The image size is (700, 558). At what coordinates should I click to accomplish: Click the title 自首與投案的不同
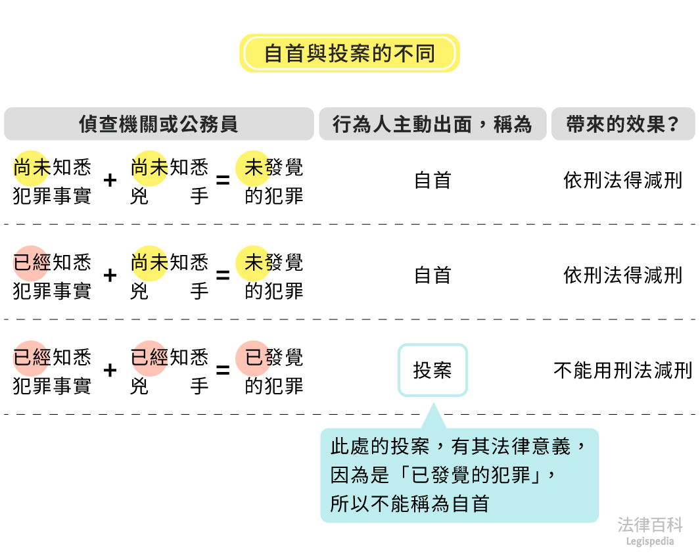[349, 53]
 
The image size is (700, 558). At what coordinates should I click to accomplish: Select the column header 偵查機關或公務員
[158, 124]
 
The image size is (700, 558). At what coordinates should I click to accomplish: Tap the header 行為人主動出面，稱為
[432, 124]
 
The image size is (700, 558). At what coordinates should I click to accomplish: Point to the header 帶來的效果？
[622, 124]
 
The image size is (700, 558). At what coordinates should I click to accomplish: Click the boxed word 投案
[432, 370]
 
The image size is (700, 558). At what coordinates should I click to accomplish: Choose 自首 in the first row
[432, 180]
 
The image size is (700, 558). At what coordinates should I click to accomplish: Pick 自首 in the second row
[432, 275]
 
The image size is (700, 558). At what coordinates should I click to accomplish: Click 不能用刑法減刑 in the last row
[622, 370]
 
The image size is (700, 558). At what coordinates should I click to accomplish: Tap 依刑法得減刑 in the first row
[622, 180]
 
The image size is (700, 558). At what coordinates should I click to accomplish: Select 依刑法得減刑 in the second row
[622, 275]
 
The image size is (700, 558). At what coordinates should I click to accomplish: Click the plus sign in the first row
[110, 180]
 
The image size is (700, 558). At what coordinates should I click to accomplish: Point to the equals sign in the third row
[223, 370]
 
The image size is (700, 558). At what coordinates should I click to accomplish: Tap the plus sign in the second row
[110, 275]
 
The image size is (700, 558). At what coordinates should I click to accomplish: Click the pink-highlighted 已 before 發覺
[254, 358]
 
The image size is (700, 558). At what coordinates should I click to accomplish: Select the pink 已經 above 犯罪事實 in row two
[32, 263]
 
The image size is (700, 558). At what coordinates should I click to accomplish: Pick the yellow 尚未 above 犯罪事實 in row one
[32, 168]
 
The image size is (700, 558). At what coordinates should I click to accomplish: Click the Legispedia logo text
[650, 542]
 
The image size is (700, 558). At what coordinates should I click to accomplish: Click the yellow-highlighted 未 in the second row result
[254, 263]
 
